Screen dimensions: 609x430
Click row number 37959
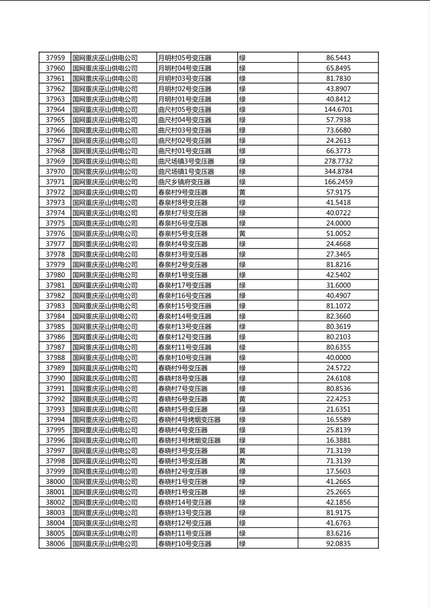55,58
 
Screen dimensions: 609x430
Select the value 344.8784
338,172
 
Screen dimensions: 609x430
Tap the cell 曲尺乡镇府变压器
184,182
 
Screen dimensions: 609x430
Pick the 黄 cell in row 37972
242,193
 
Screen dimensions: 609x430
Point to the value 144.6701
338,110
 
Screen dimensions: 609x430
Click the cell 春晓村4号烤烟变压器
189,420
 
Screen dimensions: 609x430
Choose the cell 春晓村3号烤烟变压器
189,441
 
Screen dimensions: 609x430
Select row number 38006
55,544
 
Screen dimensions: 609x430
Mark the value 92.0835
338,544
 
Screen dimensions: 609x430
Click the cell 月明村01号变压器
185,99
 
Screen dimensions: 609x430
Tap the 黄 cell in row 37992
242,399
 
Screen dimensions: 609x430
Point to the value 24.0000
338,223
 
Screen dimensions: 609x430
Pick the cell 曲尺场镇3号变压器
186,161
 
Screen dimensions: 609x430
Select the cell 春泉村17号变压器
185,285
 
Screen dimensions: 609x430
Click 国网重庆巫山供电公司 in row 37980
105,275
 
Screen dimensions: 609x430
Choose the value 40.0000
338,358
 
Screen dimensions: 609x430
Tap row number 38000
55,482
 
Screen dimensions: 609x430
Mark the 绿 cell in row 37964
242,110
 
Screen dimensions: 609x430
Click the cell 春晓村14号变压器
185,502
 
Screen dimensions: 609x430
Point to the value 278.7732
338,161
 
